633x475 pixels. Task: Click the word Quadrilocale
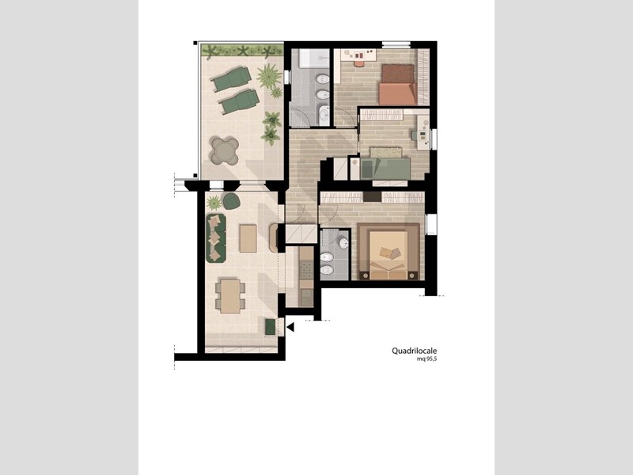tap(414, 351)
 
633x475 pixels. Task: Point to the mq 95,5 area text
tap(427, 359)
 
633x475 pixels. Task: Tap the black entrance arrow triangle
tap(290, 327)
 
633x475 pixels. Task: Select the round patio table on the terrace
tap(225, 151)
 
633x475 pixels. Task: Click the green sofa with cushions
tap(216, 238)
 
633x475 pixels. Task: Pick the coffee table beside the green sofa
tap(248, 238)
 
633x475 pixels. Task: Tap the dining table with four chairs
tap(230, 296)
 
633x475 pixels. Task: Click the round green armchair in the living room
tap(231, 201)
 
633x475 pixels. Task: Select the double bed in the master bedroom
tap(389, 253)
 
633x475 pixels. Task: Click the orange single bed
tap(398, 93)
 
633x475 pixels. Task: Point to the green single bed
tap(385, 169)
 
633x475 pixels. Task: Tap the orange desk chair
tap(358, 63)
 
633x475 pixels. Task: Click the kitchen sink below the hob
tap(306, 298)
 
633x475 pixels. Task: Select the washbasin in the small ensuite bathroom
tap(343, 244)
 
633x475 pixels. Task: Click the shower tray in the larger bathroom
tap(314, 58)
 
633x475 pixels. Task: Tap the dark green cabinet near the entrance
tap(271, 327)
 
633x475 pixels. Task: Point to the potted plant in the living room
tap(214, 203)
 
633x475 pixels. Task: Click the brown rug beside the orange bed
tap(398, 73)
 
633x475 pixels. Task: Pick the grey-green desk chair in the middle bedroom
tap(414, 135)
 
